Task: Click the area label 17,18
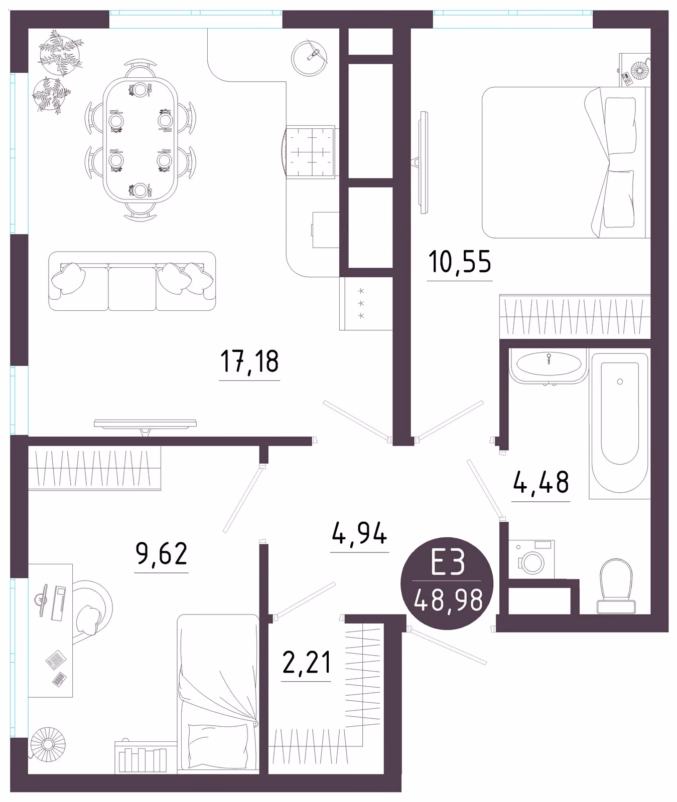[249, 362]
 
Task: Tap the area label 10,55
[460, 262]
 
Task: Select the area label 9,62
[162, 553]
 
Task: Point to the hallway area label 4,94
[359, 533]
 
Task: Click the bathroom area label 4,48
[541, 482]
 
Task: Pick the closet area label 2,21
[307, 663]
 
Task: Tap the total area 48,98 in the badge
[448, 600]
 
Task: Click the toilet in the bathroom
[616, 585]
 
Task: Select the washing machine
[531, 559]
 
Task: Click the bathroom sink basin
[548, 364]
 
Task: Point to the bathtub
[619, 426]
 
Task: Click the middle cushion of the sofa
[132, 288]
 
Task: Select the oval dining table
[140, 140]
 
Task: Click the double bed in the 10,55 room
[566, 162]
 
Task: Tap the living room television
[145, 425]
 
